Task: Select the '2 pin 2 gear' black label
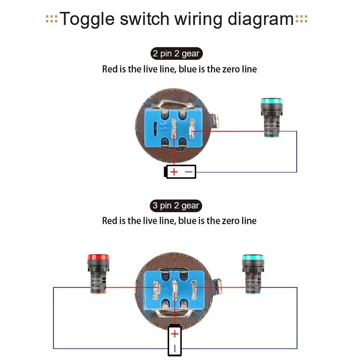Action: [175, 54]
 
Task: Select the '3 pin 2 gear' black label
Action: [175, 206]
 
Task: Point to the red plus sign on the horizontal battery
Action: [174, 172]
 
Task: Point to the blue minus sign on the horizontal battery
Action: [189, 172]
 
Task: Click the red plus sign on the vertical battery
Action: [175, 334]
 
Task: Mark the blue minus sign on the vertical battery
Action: [175, 348]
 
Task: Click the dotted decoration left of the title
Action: [52, 19]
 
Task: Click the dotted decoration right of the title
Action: [301, 19]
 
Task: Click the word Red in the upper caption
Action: [109, 69]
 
